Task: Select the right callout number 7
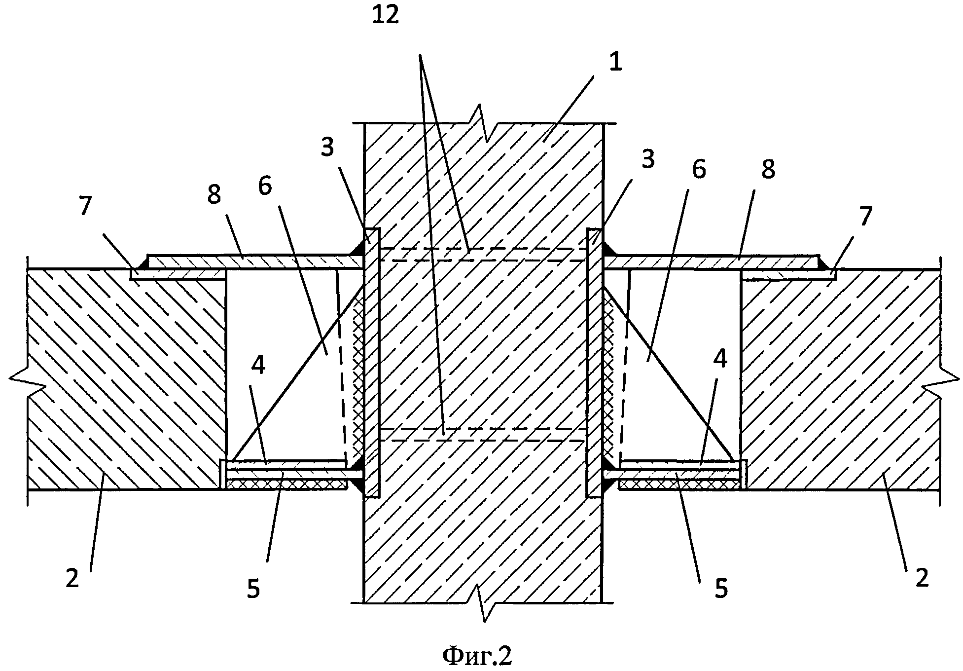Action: point(865,216)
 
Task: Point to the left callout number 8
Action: point(214,195)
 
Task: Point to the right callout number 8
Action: point(768,169)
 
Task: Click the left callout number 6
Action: point(265,187)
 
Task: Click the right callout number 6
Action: point(699,169)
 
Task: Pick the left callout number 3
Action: point(328,147)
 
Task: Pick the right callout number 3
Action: point(647,159)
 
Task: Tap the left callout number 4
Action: point(258,365)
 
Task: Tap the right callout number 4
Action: point(720,359)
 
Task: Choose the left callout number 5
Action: point(253,588)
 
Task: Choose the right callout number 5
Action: point(721,588)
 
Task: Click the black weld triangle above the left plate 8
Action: point(356,249)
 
